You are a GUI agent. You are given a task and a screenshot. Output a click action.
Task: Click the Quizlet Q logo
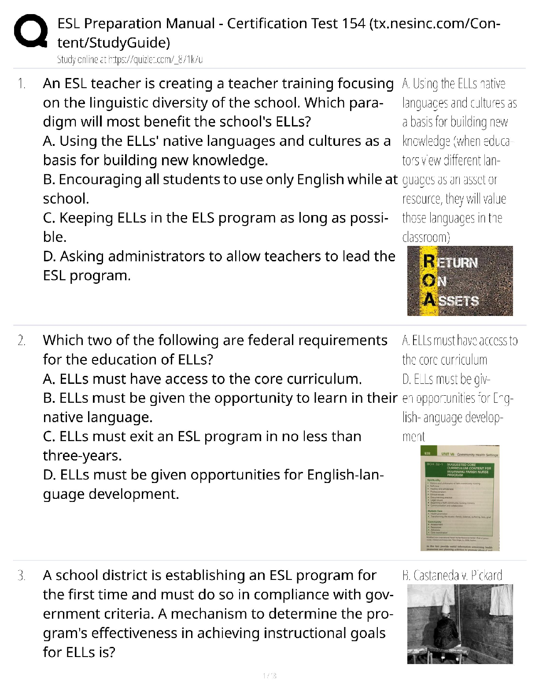[30, 31]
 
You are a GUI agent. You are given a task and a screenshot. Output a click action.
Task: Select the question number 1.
[22, 84]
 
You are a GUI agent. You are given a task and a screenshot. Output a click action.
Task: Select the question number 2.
[22, 341]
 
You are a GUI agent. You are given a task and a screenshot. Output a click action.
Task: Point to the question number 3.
[22, 575]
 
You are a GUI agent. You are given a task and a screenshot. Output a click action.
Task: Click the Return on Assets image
[460, 281]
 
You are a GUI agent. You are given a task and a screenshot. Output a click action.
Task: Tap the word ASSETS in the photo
[458, 301]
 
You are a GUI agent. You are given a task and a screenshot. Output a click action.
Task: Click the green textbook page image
[460, 498]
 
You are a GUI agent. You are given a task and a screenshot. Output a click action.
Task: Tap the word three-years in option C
[82, 456]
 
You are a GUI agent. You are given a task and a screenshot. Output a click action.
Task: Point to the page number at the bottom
[269, 676]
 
